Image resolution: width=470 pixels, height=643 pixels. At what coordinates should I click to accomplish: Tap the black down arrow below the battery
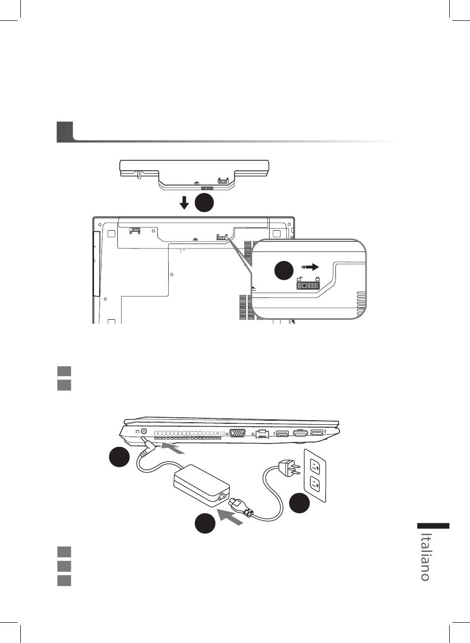184,203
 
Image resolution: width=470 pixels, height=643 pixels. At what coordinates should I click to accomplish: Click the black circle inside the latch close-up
284,270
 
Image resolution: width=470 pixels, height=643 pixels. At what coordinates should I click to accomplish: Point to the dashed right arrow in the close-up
310,267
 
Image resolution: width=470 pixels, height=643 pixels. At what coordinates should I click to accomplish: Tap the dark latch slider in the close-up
308,286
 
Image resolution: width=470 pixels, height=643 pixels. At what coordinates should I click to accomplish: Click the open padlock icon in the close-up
299,279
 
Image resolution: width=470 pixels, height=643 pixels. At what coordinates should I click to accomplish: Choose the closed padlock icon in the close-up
317,279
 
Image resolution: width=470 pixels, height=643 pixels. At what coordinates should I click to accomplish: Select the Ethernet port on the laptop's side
262,434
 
